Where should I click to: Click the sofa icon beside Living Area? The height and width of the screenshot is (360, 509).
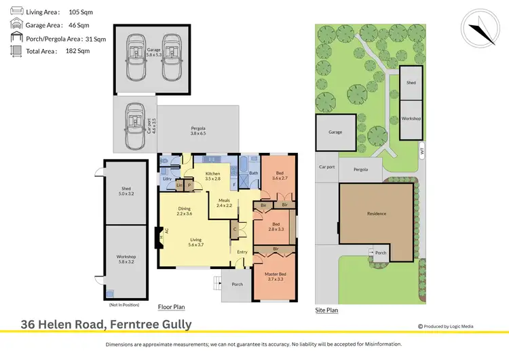point(14,12)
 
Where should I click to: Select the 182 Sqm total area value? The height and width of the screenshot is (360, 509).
point(77,50)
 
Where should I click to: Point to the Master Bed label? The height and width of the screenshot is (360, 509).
point(274,276)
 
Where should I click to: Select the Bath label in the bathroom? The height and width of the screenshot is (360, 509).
point(253,173)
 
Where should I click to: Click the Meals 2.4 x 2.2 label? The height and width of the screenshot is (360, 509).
point(224,202)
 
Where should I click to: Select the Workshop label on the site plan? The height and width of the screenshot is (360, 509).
point(411,118)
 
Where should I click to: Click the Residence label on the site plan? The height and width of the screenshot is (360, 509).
point(377,213)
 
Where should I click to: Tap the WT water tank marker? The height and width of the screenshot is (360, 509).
point(421,153)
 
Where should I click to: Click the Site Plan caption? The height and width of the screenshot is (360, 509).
point(326,310)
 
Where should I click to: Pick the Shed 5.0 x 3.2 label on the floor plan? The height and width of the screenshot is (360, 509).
point(126,191)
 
